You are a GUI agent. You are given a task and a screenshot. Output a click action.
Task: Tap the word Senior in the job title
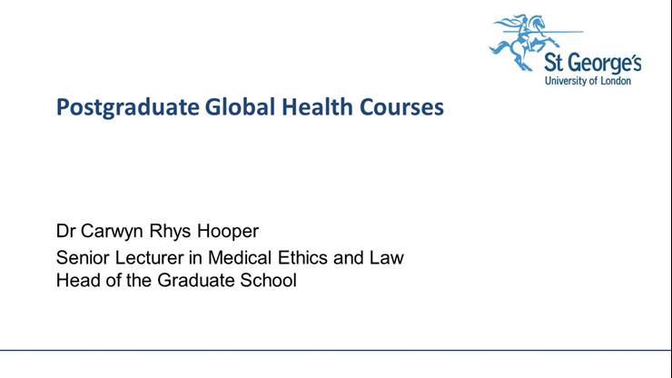[x=81, y=257]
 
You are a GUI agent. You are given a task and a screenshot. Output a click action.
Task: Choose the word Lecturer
[x=145, y=257]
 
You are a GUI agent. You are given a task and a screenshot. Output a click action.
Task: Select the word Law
[x=385, y=257]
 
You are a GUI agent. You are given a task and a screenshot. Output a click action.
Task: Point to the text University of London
[x=592, y=81]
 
